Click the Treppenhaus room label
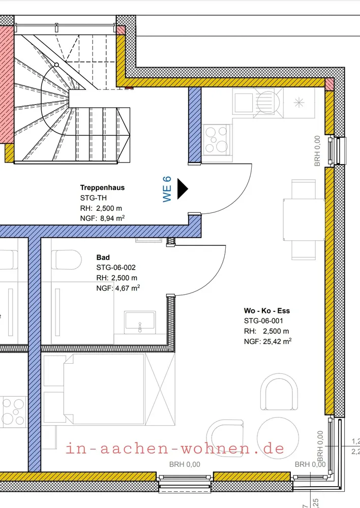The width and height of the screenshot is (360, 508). (102, 187)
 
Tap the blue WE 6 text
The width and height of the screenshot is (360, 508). (167, 189)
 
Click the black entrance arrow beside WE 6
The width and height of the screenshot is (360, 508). (182, 189)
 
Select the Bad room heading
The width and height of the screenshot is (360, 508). (103, 258)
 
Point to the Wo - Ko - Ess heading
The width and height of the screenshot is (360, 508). (267, 311)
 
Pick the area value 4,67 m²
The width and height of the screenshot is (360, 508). (128, 288)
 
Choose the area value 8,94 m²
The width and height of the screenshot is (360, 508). (112, 218)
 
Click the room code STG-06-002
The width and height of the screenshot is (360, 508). (116, 268)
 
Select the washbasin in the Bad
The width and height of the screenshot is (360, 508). (140, 323)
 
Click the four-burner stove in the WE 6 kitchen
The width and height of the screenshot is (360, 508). (216, 140)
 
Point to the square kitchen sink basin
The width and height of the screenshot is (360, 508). (244, 103)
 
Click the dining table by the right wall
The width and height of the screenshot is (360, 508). (304, 219)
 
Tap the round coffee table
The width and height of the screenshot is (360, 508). (278, 438)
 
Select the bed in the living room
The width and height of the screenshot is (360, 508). (104, 389)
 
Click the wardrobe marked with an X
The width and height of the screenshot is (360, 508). (160, 389)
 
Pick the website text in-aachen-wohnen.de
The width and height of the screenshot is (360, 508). (175, 449)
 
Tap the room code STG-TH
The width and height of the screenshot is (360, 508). (94, 198)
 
